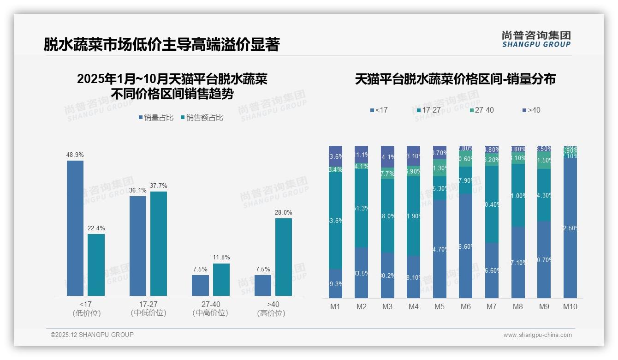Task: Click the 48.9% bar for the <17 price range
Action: (75, 228)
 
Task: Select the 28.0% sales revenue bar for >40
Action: (284, 257)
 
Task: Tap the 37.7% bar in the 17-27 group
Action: (159, 244)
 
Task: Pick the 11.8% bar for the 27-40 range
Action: (221, 280)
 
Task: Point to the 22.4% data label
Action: (96, 228)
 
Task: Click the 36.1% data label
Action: (138, 190)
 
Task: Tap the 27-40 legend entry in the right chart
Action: (481, 110)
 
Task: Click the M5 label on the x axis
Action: (439, 306)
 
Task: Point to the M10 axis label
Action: (570, 306)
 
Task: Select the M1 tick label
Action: (335, 306)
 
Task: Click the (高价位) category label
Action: (273, 313)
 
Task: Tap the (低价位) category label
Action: (86, 313)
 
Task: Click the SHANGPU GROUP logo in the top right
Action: (536, 39)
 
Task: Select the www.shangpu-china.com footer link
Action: (537, 335)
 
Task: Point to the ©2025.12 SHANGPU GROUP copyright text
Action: (92, 335)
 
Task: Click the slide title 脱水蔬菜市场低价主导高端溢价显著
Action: (161, 44)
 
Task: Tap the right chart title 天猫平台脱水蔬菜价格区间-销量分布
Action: (455, 79)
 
